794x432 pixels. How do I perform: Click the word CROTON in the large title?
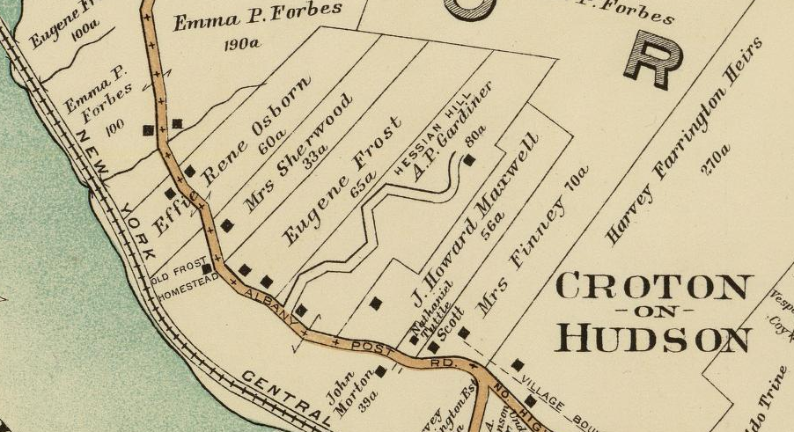pos(654,289)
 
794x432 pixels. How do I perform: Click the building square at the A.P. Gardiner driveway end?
pos(470,160)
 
